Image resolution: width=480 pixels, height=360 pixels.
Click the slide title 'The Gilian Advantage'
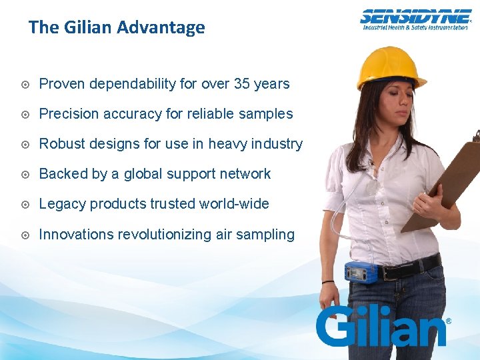pos(117,27)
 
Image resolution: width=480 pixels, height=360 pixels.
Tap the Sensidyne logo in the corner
pos(415,19)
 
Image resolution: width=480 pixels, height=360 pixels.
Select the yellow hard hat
pos(391,67)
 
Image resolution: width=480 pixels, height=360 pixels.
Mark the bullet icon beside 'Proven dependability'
pos(24,85)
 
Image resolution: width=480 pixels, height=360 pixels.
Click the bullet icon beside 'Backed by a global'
pos(24,175)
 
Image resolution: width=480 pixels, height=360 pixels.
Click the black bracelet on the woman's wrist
pos(327,282)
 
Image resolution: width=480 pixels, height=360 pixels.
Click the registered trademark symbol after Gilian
pos(448,321)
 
